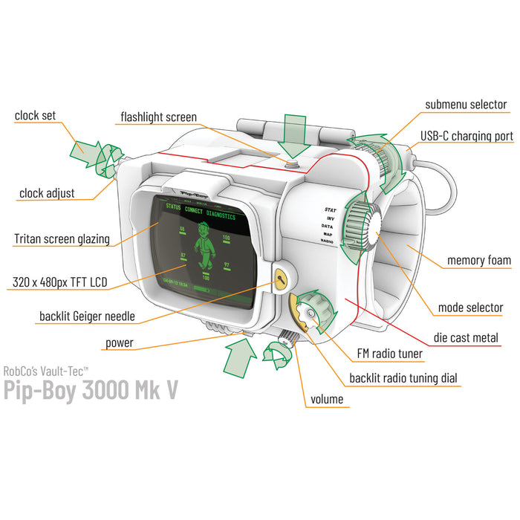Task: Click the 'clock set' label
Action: pyautogui.click(x=35, y=116)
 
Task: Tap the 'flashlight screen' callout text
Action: pyautogui.click(x=159, y=117)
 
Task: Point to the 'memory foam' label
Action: pyautogui.click(x=478, y=260)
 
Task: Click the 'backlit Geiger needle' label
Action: pyautogui.click(x=88, y=316)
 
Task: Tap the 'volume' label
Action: pyautogui.click(x=327, y=400)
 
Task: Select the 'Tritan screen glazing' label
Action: pyautogui.click(x=62, y=239)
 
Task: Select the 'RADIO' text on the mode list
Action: pyautogui.click(x=327, y=241)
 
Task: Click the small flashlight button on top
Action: pyautogui.click(x=293, y=160)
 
